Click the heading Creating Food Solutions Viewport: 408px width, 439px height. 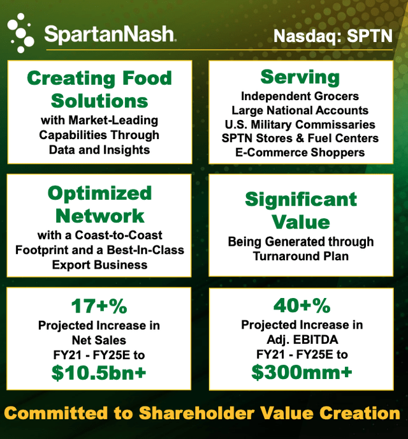pyautogui.click(x=99, y=89)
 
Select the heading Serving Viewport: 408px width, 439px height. pyautogui.click(x=300, y=77)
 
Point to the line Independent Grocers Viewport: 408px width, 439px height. pyautogui.click(x=300, y=96)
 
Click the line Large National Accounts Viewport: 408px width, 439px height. pyautogui.click(x=300, y=110)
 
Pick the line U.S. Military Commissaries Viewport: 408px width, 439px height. pyautogui.click(x=300, y=124)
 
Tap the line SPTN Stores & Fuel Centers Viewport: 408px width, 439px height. pyautogui.click(x=300, y=138)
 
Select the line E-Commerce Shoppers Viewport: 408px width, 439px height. pyautogui.click(x=300, y=153)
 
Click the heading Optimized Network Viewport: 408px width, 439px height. pyautogui.click(x=99, y=204)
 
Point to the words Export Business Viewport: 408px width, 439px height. pyautogui.click(x=99, y=264)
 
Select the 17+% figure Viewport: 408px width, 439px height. pyautogui.click(x=99, y=306)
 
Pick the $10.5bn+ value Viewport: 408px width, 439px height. pyautogui.click(x=99, y=373)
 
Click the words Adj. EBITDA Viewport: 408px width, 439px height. pyautogui.click(x=301, y=339)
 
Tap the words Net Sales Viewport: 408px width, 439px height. pyautogui.click(x=99, y=340)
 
